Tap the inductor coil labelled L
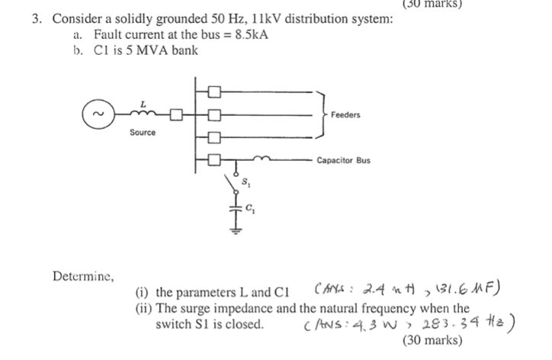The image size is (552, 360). pos(142,115)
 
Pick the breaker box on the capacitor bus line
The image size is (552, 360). pos(214,160)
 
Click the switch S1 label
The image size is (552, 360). pos(246,182)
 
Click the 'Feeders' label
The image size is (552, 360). pos(345,114)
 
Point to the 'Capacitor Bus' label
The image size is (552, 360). pos(344,161)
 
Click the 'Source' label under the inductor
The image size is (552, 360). pos(142,132)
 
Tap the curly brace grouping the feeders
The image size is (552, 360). pos(323,114)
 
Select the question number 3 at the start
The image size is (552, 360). pos(37,19)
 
